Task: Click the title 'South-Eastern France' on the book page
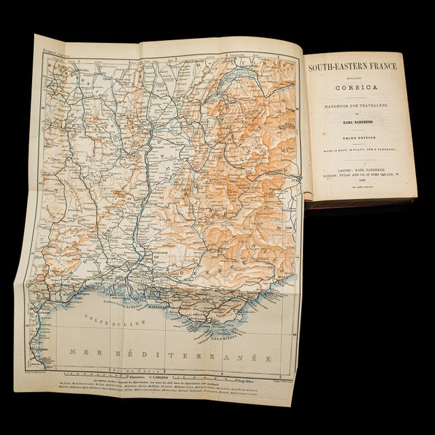coord(353,68)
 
